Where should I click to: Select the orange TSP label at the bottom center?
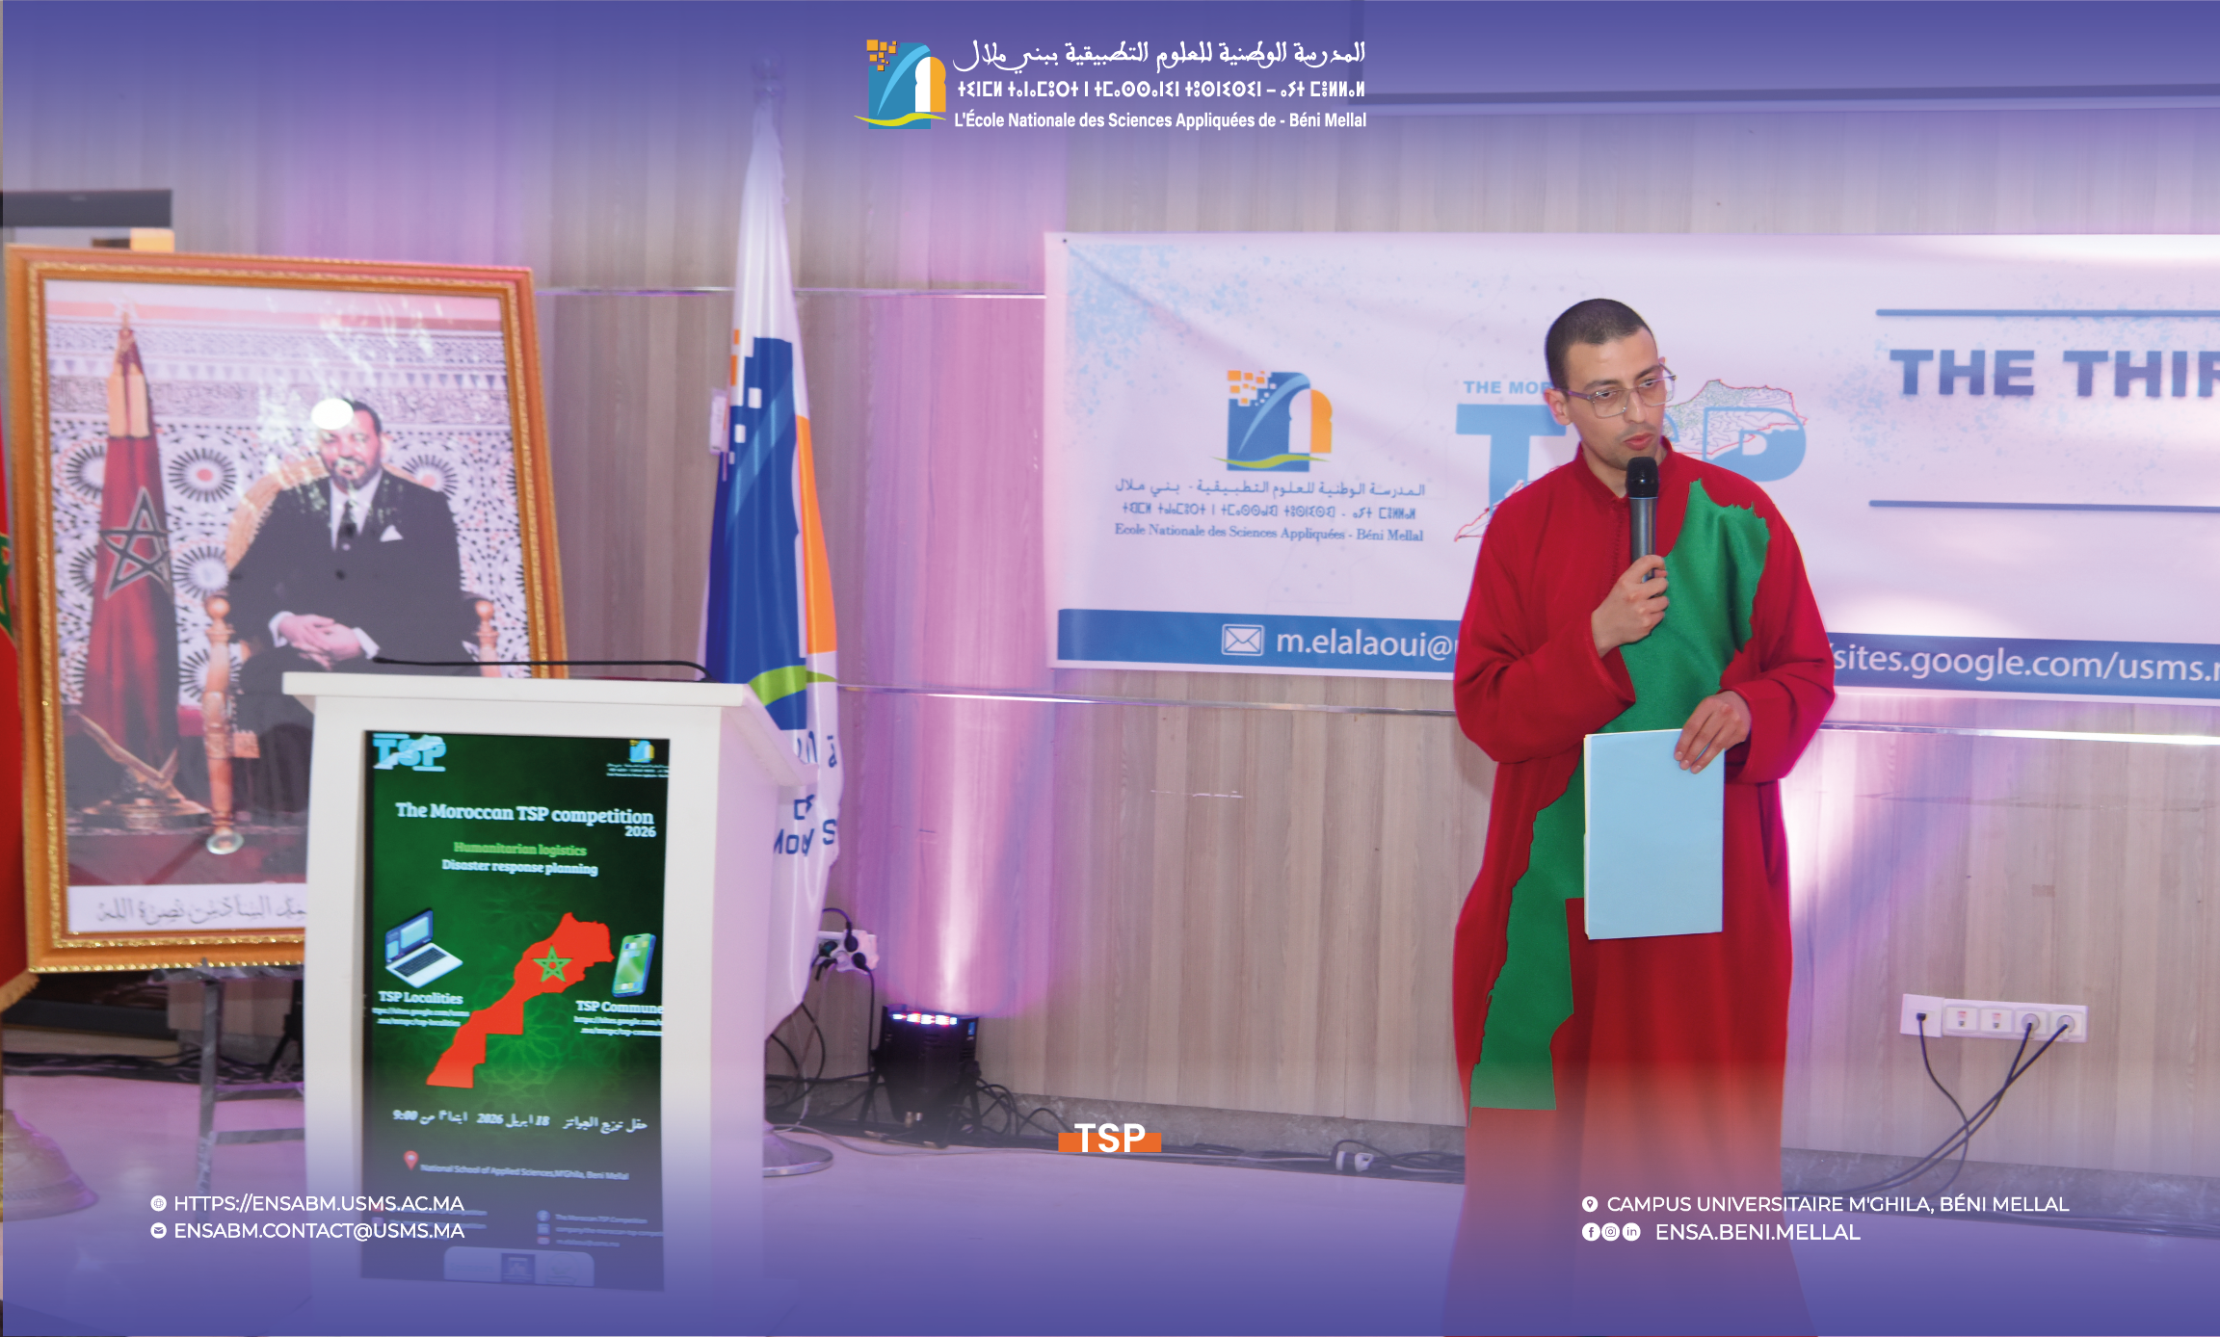click(1110, 1139)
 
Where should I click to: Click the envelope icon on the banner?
click(1242, 640)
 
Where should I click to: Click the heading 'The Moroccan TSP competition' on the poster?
click(523, 813)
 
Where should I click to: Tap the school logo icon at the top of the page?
click(904, 85)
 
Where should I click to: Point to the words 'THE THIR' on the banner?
click(2052, 374)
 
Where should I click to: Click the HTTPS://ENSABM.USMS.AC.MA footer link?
click(318, 1203)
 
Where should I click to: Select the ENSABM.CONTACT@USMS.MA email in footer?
click(318, 1231)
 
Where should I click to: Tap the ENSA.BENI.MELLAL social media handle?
click(1757, 1232)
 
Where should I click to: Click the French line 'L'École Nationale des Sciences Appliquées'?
click(1159, 120)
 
